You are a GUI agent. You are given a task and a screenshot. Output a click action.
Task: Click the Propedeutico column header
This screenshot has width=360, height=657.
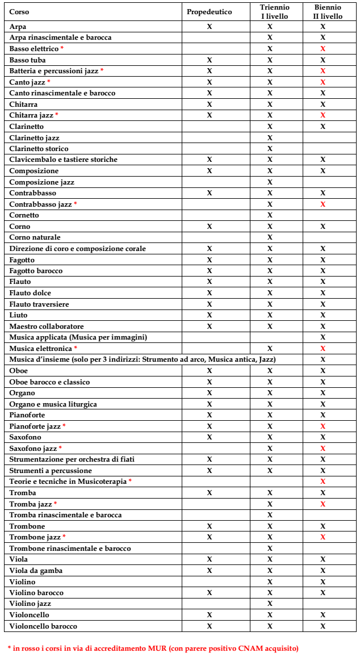point(209,12)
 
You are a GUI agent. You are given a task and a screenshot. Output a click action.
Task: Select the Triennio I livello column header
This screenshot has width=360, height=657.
point(270,12)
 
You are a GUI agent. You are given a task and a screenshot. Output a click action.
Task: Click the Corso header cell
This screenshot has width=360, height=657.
point(19,12)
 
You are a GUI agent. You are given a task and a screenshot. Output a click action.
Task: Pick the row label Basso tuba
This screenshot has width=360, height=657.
point(28,60)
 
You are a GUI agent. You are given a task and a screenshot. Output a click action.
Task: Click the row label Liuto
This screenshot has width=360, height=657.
point(19,315)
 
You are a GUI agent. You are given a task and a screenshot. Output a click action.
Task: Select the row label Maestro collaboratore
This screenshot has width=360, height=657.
point(47,327)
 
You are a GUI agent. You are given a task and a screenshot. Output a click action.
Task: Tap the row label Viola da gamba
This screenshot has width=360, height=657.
point(36,571)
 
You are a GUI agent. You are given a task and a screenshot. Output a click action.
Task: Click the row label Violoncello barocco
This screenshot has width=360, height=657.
point(43,626)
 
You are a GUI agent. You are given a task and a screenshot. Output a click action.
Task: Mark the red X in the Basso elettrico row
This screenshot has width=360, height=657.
point(323,49)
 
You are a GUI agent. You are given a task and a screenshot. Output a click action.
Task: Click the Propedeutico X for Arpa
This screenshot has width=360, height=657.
point(209,27)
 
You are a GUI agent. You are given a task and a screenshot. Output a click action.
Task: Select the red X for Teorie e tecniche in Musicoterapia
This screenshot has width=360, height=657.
point(323,482)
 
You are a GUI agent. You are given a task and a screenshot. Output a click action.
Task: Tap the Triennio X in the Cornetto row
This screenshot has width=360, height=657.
point(270,215)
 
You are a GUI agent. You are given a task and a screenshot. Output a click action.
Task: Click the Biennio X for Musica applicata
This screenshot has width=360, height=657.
point(323,337)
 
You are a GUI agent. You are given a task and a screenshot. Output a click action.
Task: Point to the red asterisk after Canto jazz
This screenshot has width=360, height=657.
point(49,82)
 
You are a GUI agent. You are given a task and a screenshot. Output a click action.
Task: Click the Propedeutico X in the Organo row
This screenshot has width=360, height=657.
point(209,393)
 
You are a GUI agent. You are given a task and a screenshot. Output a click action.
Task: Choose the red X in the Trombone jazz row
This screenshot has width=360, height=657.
point(323,537)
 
